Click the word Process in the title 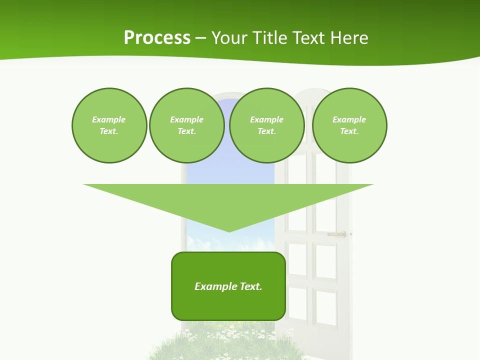point(157,38)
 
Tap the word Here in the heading point(349,38)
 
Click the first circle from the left point(109,125)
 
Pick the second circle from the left point(187,125)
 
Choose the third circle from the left point(267,125)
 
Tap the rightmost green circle point(349,125)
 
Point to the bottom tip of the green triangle point(229,231)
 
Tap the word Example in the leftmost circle point(109,119)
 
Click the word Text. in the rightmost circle point(349,131)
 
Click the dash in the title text point(201,38)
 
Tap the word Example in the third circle point(267,119)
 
